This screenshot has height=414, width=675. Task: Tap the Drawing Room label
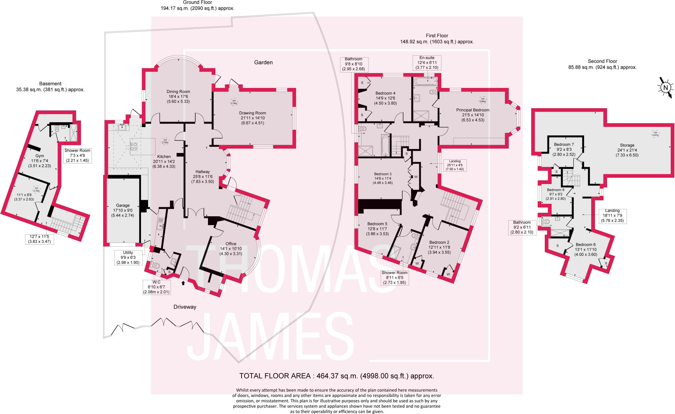click(x=252, y=118)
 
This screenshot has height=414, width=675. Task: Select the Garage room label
click(x=123, y=210)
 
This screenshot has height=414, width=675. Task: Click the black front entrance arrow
click(x=183, y=282)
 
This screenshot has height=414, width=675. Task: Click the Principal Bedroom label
click(x=473, y=115)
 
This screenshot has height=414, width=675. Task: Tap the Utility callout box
click(x=128, y=257)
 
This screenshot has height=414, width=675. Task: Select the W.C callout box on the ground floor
click(x=157, y=287)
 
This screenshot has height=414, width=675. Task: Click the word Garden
click(x=263, y=62)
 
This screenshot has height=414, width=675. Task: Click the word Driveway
click(x=185, y=307)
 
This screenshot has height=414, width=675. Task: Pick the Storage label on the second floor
click(x=627, y=150)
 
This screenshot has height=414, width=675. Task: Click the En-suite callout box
click(x=427, y=63)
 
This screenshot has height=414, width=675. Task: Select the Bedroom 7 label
click(x=564, y=149)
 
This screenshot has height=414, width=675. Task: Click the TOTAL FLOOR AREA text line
click(x=337, y=376)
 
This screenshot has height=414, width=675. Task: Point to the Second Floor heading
click(x=602, y=64)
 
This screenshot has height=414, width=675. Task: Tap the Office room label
click(x=231, y=249)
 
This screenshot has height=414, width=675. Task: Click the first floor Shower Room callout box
click(x=395, y=278)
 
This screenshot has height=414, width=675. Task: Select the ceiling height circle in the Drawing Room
click(x=234, y=102)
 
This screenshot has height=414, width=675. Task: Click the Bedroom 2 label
click(x=439, y=247)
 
